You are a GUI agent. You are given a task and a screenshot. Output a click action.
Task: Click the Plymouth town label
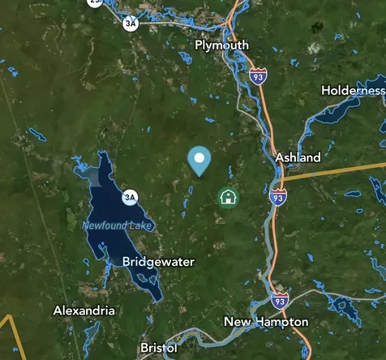click(x=221, y=45)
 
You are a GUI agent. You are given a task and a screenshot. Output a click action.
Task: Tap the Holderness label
click(x=353, y=91)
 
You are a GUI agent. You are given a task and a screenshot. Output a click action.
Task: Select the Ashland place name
click(x=298, y=157)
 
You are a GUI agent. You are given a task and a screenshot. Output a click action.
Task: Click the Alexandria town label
click(x=84, y=311)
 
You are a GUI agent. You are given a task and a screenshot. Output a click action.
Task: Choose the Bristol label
click(x=158, y=348)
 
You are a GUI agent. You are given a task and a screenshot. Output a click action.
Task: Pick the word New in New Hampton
click(x=238, y=322)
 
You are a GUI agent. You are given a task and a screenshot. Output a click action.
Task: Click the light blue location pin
click(x=199, y=159)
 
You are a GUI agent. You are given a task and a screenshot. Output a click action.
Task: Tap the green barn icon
click(x=229, y=197)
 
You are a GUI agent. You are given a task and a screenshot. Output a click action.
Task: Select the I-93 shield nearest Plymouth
click(x=258, y=78)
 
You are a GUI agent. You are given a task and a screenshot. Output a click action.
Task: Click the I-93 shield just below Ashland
click(x=278, y=197)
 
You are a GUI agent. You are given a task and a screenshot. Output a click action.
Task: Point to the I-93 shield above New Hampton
click(x=280, y=299)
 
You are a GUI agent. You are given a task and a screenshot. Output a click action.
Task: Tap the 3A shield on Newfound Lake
click(x=130, y=197)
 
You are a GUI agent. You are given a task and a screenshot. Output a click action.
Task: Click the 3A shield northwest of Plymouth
click(x=130, y=24)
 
